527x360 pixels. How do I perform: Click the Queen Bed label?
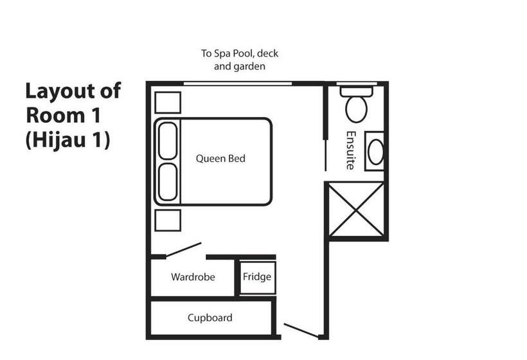(x=220, y=158)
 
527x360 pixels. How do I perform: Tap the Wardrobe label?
(x=193, y=277)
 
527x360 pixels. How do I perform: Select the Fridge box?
(x=257, y=277)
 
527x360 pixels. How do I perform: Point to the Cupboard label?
(x=210, y=318)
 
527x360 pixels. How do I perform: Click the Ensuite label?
(x=351, y=150)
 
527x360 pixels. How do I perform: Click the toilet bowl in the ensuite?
(x=356, y=109)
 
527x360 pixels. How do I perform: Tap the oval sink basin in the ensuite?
(x=375, y=152)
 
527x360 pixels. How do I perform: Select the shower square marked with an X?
(x=357, y=210)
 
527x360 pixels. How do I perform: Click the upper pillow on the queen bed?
(x=168, y=140)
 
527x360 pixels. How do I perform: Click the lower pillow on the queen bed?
(x=168, y=182)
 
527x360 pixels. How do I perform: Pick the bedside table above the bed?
(x=168, y=103)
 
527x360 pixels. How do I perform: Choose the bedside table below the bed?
(x=168, y=220)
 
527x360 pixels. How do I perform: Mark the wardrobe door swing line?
(x=183, y=250)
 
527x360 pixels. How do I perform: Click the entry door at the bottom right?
(x=301, y=330)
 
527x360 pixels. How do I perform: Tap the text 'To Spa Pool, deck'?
(x=240, y=53)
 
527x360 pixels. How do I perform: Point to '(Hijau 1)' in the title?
(x=68, y=140)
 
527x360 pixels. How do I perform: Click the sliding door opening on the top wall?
(x=238, y=84)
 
